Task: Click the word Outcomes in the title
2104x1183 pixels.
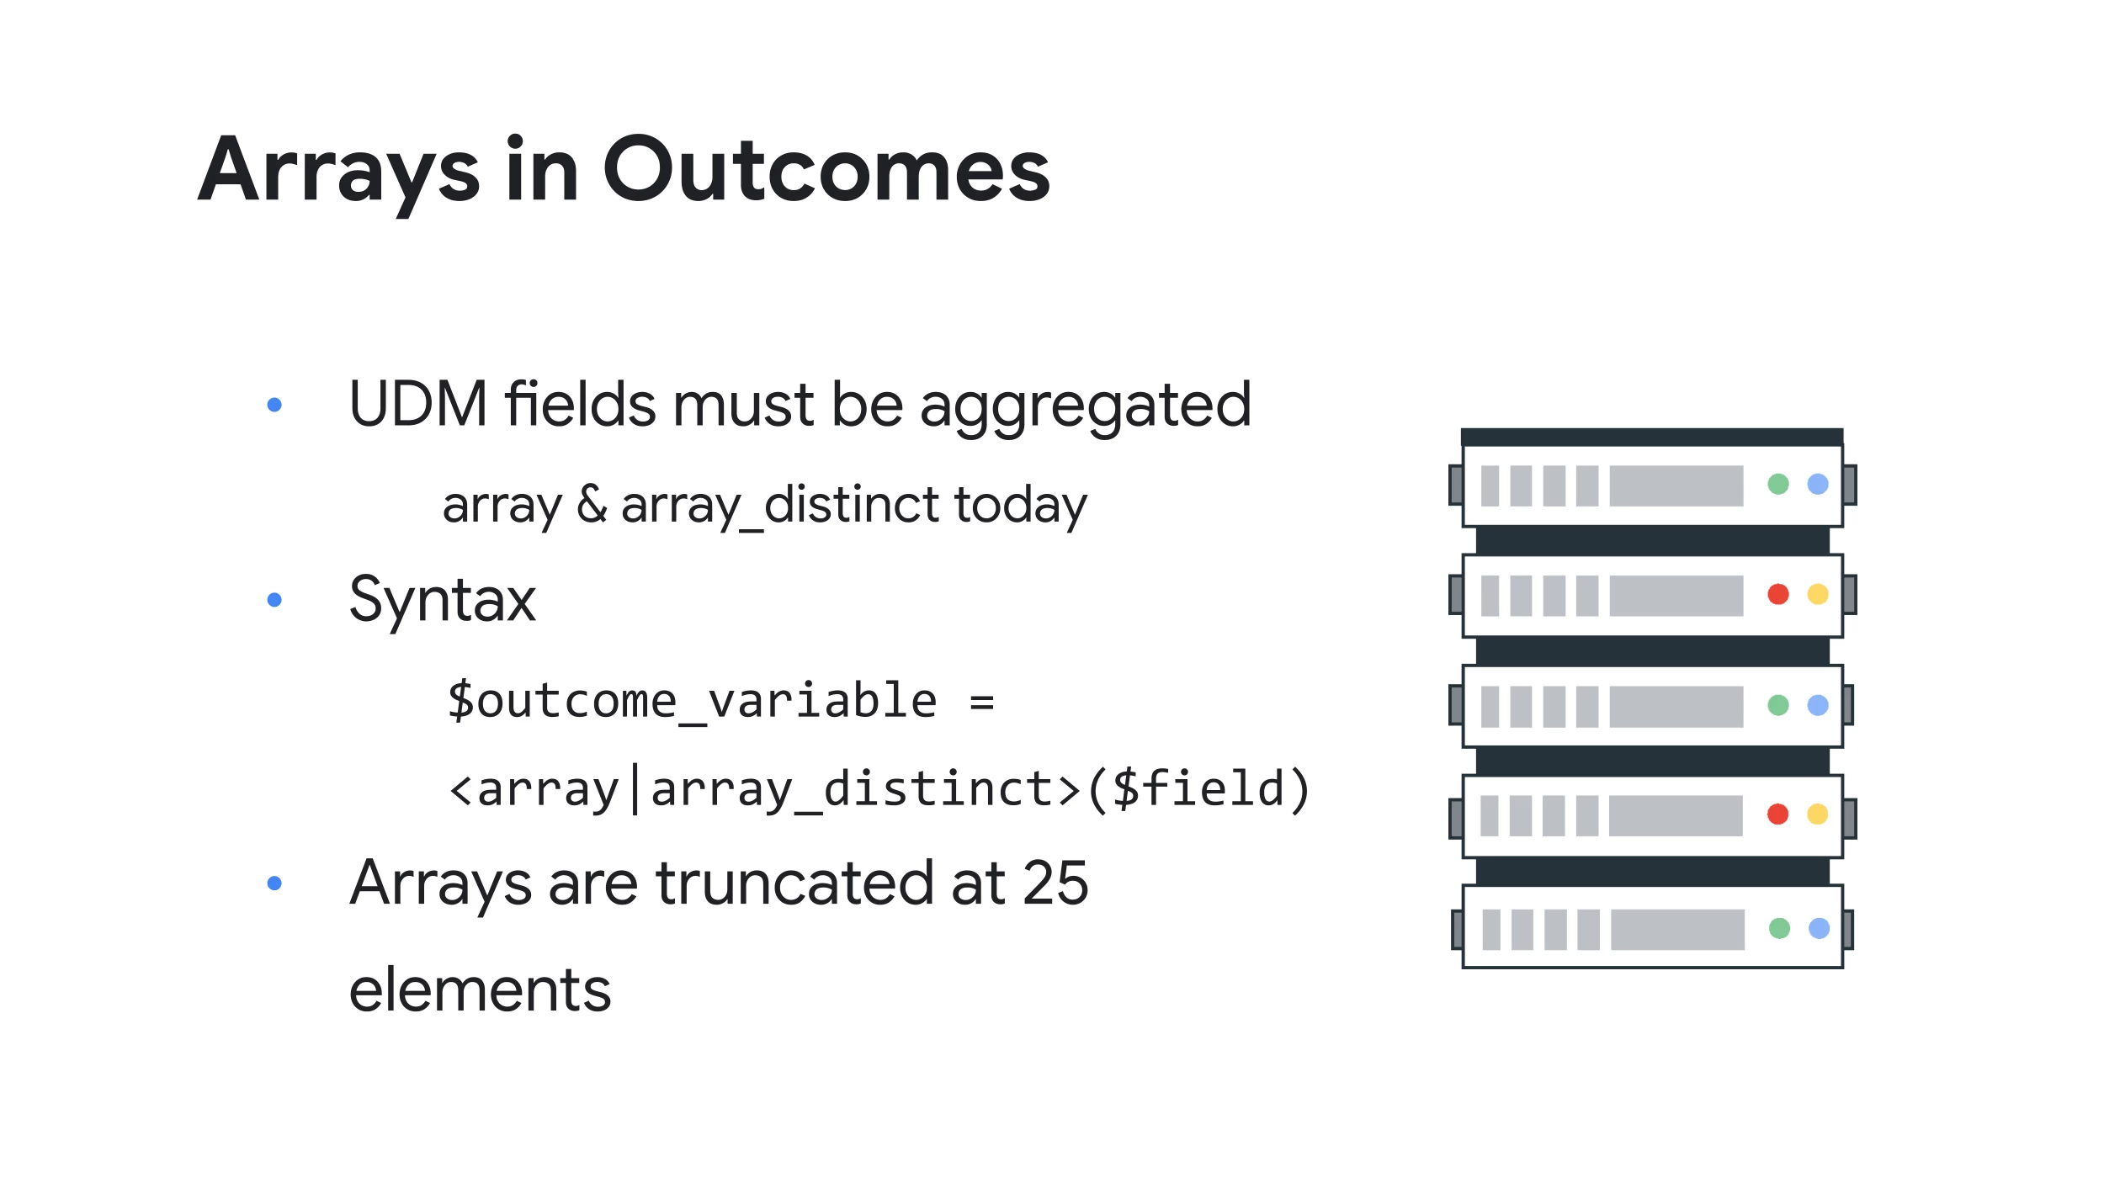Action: click(x=827, y=171)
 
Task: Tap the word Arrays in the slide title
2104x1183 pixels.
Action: click(x=339, y=175)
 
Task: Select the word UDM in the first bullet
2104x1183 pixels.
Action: click(x=418, y=404)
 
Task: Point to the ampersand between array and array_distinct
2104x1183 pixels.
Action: click(x=592, y=504)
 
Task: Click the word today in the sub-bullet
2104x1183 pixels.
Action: click(x=1020, y=507)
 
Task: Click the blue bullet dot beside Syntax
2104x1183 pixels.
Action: click(x=274, y=600)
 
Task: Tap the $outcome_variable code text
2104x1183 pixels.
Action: click(x=692, y=701)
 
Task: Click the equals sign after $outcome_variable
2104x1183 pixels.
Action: click(x=981, y=702)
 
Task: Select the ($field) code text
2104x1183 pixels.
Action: click(x=1198, y=789)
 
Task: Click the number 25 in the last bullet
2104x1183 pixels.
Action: click(x=1055, y=883)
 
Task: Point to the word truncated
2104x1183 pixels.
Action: click(x=794, y=883)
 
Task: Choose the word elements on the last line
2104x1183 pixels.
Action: click(x=480, y=989)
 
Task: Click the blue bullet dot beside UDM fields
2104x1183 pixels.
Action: click(x=274, y=405)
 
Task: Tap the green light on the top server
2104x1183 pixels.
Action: click(x=1778, y=484)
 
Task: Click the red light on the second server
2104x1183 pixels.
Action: click(x=1778, y=594)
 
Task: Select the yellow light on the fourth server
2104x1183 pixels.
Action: click(x=1818, y=814)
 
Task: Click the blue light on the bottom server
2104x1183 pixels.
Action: click(x=1820, y=928)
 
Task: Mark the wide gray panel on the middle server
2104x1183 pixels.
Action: click(x=1676, y=706)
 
